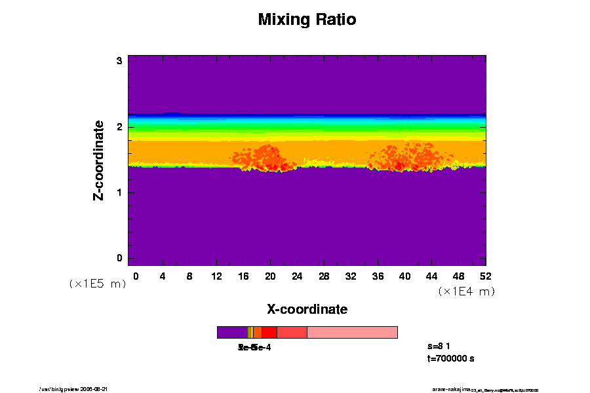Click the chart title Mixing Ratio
pos(307,20)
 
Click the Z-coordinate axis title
pos(99,160)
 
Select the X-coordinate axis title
pos(307,309)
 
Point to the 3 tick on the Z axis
pos(120,61)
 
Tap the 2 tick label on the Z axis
pos(120,127)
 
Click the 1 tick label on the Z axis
pos(120,193)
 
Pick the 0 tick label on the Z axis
pos(120,258)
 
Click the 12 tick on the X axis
pos(216,276)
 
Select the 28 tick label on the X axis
pos(324,276)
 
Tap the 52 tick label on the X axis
pos(486,276)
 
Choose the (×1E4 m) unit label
pos(466,291)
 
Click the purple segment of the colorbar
pos(232,332)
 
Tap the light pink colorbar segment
pos(352,332)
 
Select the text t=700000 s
pos(450,358)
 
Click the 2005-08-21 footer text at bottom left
pos(94,389)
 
